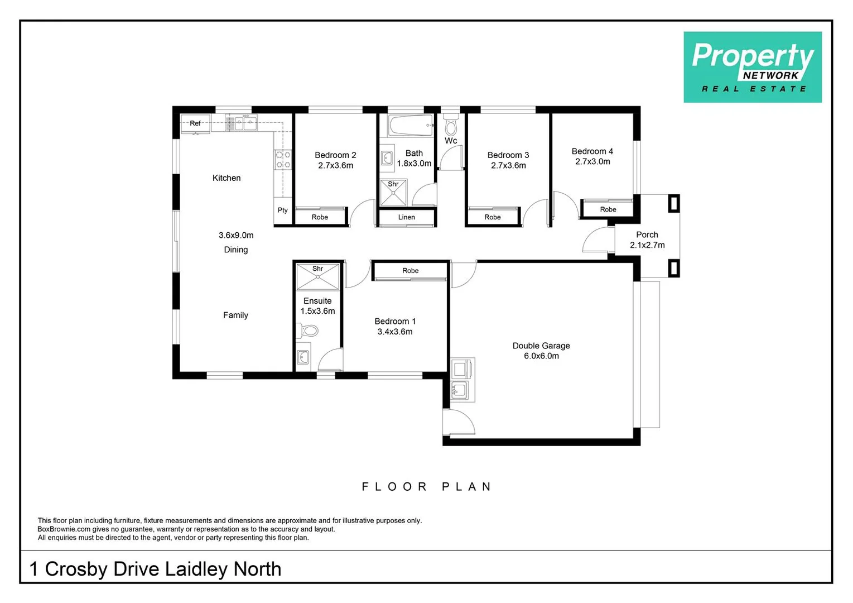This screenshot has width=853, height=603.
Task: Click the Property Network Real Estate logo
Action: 753,67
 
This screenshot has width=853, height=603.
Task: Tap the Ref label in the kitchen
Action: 195,123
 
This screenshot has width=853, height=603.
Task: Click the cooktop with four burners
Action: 283,160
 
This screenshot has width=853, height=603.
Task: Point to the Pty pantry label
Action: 282,210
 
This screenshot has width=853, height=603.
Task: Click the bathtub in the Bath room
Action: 411,125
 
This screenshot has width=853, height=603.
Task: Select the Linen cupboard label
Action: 406,217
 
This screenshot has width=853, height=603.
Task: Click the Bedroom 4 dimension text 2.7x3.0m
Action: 592,161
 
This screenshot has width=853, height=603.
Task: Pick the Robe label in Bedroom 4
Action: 608,209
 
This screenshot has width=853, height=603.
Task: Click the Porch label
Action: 647,235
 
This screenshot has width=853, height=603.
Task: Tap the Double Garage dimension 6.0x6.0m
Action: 541,356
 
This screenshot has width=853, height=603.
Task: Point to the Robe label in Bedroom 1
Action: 410,271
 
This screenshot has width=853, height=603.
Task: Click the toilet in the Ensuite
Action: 307,330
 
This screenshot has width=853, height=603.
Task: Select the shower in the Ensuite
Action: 317,276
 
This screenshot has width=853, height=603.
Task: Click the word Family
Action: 235,315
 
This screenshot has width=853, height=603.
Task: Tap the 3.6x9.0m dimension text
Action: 236,235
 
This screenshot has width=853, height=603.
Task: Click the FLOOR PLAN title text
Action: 426,487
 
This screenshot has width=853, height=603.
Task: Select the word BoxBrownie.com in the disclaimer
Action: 64,529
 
